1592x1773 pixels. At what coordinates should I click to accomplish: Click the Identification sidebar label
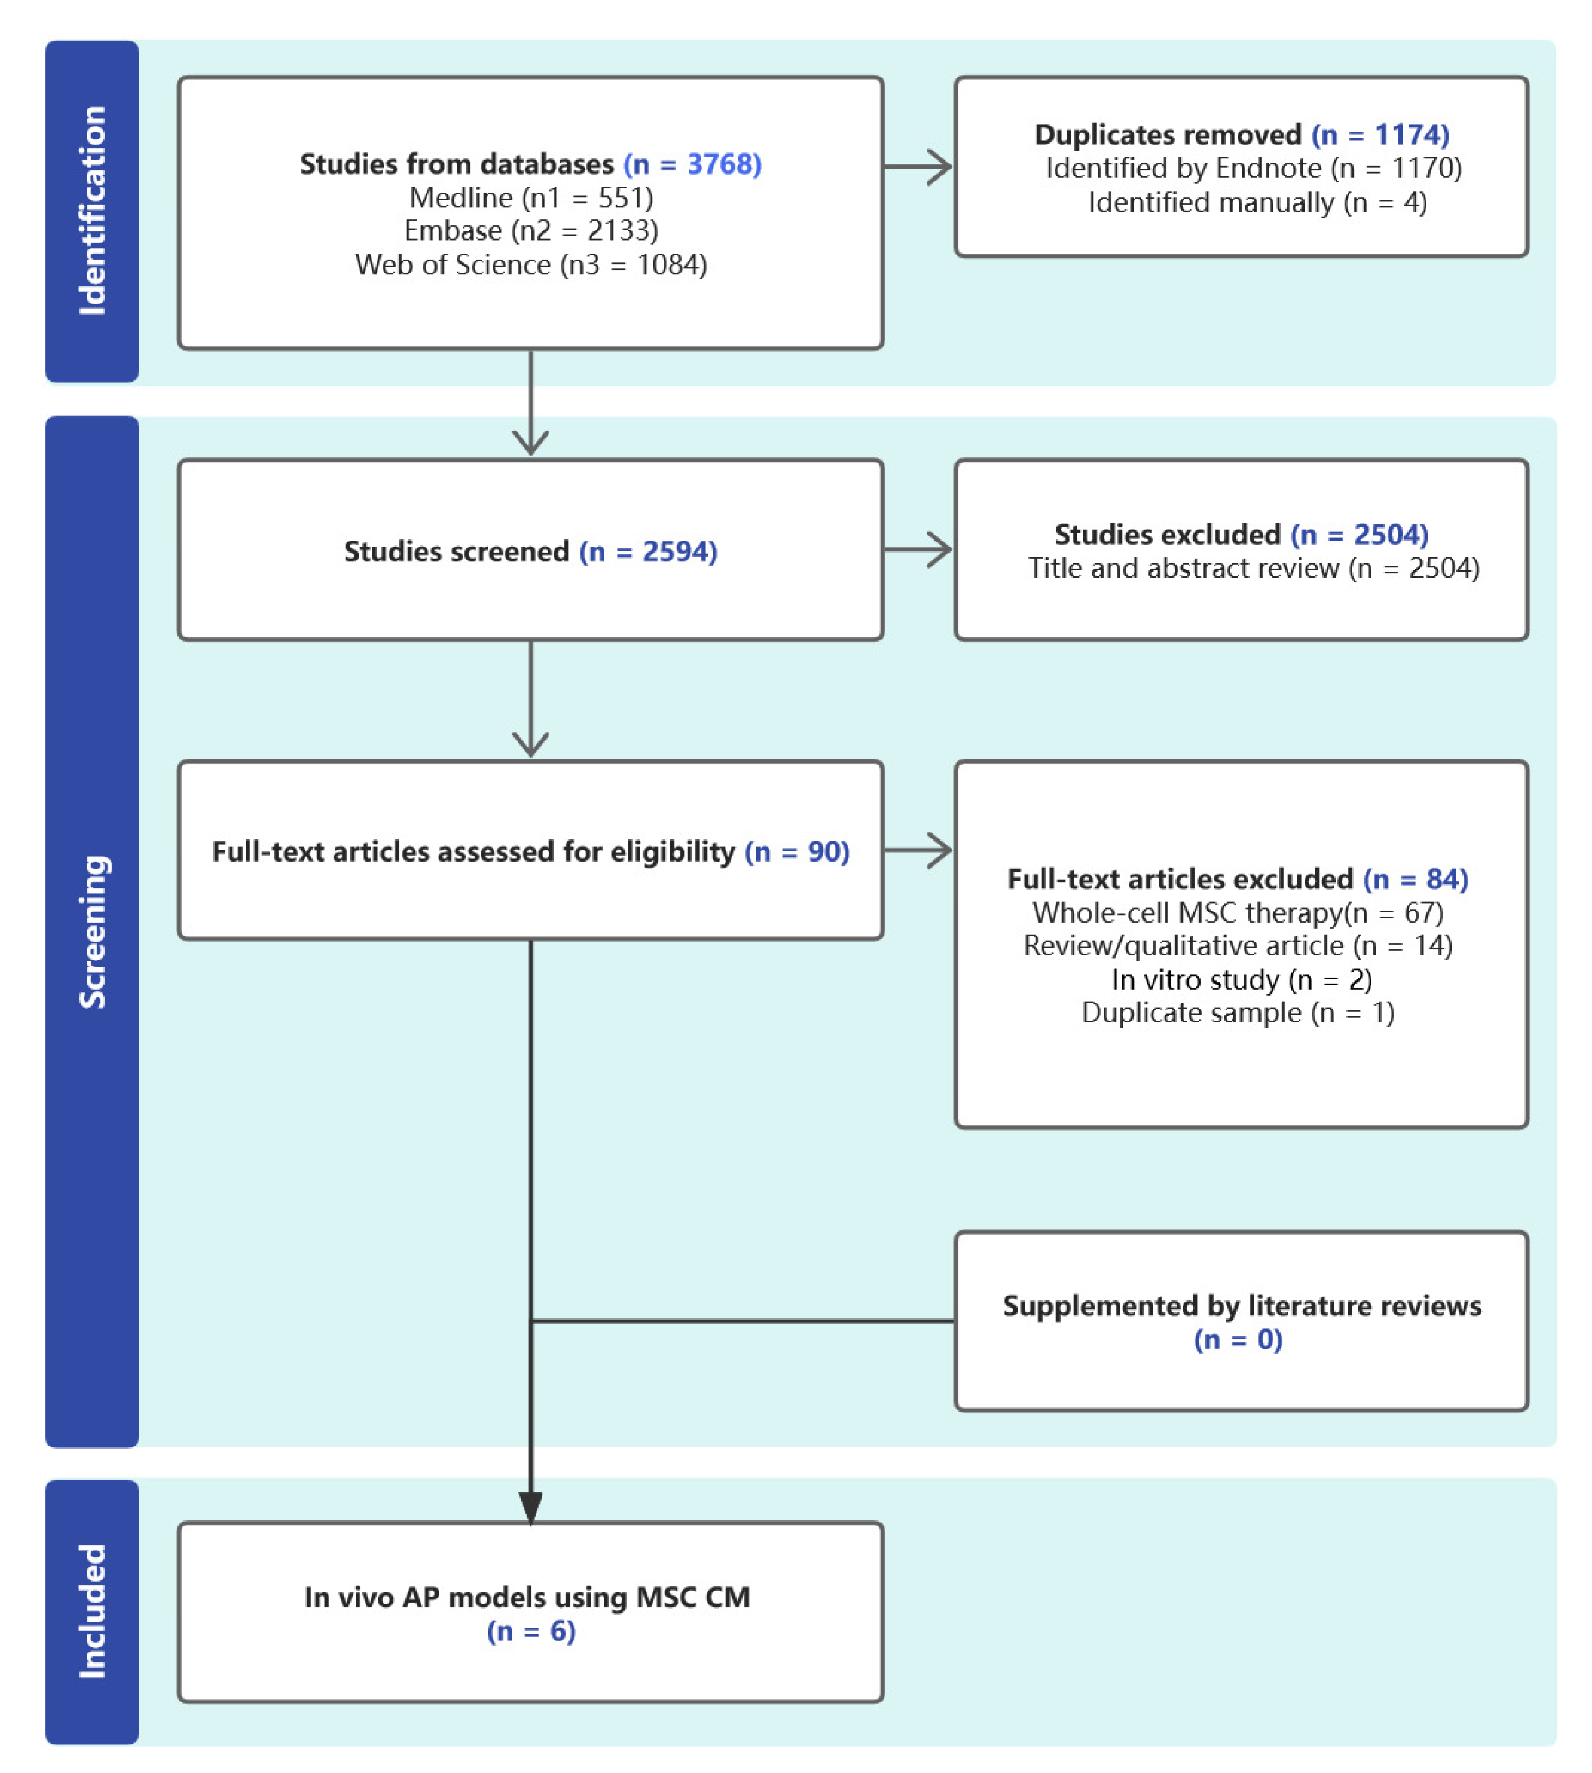pyautogui.click(x=92, y=211)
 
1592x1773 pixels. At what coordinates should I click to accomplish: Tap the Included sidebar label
pyautogui.click(x=92, y=1612)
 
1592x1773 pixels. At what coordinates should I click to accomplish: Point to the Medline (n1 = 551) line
pyautogui.click(x=531, y=198)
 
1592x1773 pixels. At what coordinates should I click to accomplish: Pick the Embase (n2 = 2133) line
pyautogui.click(x=531, y=231)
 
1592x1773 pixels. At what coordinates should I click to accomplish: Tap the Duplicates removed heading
pyautogui.click(x=1168, y=134)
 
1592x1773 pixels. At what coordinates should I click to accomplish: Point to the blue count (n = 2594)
pyautogui.click(x=648, y=551)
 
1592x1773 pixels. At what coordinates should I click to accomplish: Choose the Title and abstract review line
pyautogui.click(x=1253, y=568)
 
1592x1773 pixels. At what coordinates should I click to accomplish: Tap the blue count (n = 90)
pyautogui.click(x=797, y=852)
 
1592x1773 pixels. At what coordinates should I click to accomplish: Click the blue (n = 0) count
pyautogui.click(x=1238, y=1340)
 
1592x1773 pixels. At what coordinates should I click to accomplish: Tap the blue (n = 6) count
pyautogui.click(x=531, y=1631)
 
